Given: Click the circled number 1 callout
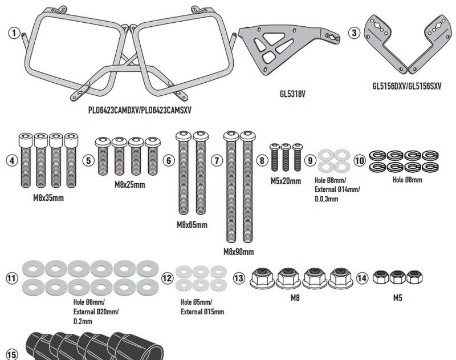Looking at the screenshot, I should [13, 33].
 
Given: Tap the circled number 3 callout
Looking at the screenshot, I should [355, 33].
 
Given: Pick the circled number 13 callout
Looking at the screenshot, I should [239, 278].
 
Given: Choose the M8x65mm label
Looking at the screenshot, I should [192, 225].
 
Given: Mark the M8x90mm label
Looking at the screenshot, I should [239, 251].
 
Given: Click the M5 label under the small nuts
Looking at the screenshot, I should [397, 298].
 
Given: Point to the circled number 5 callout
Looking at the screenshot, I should [88, 161].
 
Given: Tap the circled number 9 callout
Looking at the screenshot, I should [310, 161].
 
